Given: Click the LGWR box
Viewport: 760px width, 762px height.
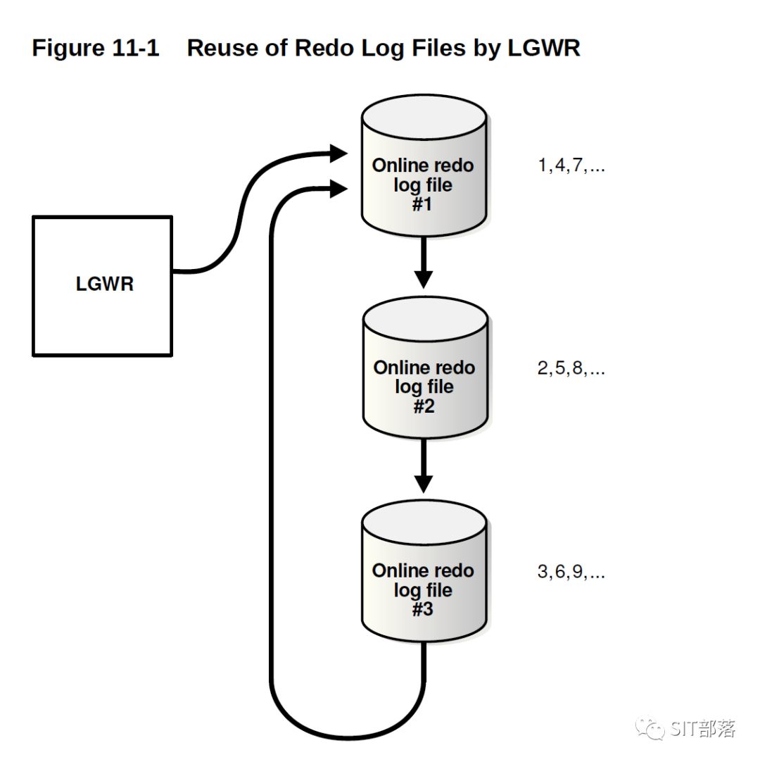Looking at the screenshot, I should [103, 285].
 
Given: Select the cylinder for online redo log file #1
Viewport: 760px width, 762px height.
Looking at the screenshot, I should [423, 169].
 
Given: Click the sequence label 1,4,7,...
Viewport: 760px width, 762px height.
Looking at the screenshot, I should [571, 166].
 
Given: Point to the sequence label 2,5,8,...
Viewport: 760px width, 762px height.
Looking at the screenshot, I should [571, 368].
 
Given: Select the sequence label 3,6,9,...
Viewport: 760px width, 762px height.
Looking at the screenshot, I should [571, 572].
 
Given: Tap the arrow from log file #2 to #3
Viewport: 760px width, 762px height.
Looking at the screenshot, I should [423, 466].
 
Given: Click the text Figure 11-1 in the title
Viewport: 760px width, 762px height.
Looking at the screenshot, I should [96, 49].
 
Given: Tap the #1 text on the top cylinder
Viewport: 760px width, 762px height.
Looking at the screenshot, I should [423, 205].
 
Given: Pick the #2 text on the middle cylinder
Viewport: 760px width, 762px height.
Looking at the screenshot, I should [424, 406].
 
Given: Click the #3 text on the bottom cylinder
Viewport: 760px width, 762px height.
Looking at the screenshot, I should [423, 610].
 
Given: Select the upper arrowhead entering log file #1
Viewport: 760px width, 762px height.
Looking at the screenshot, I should [340, 153].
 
